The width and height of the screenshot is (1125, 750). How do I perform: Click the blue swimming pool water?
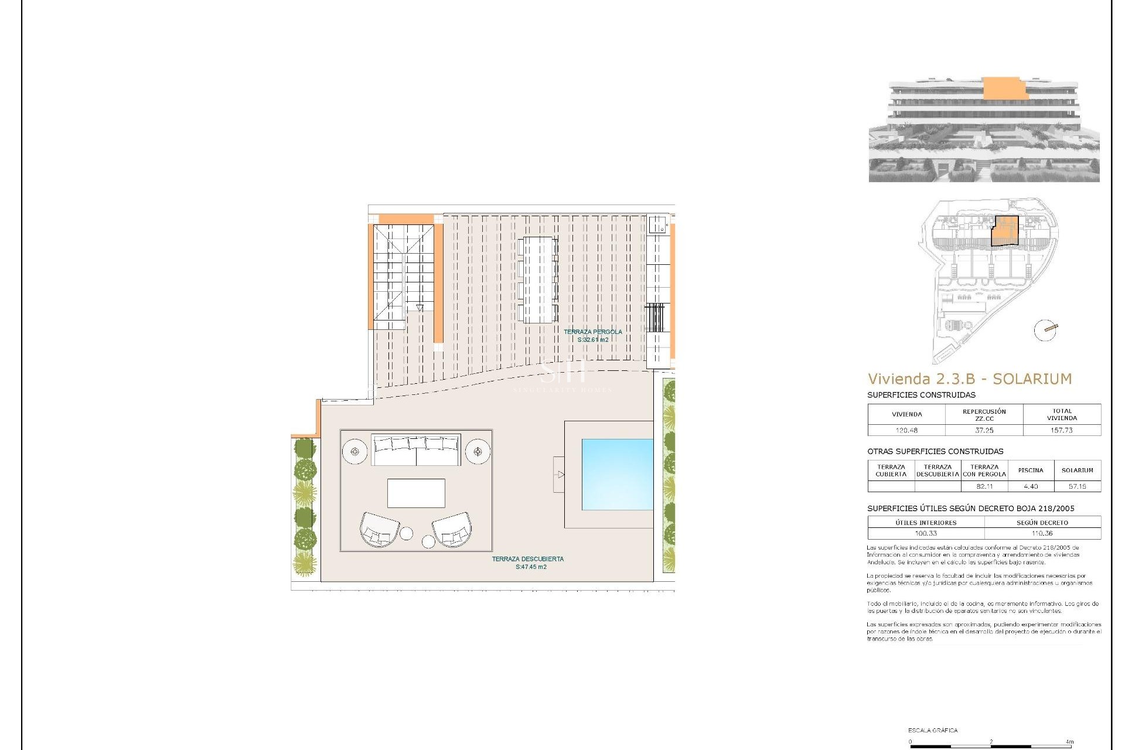pos(617,474)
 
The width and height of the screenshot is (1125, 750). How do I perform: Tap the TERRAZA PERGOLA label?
pos(592,332)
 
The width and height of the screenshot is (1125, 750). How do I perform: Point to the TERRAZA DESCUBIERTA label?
pos(527,559)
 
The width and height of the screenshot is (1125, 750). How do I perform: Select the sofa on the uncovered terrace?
pos(416,450)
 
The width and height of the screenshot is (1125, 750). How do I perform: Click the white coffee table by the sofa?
pos(416,493)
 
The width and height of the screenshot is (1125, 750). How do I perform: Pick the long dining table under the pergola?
pos(538,279)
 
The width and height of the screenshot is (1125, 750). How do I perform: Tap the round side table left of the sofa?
pos(354,452)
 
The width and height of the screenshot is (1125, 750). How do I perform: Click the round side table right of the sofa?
pos(478,452)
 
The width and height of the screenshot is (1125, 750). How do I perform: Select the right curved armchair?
pos(452,530)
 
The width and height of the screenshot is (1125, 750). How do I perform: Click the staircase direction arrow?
pos(420,308)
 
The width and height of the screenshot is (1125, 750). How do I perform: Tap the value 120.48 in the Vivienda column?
pos(906,430)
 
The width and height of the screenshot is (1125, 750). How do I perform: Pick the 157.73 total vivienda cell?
pos(1062,430)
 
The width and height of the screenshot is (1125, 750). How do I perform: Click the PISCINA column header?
pos(1031,470)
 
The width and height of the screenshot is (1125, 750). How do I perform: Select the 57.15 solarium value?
pos(1077,486)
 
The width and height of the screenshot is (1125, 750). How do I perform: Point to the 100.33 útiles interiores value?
pos(926,533)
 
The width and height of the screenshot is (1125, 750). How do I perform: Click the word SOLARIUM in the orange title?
pos(1032,379)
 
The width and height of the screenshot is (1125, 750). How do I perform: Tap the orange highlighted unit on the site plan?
pos(1005,230)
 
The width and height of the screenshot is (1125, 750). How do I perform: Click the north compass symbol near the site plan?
pos(1045,330)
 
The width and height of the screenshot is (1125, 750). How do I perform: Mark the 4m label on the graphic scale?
pos(1070,742)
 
